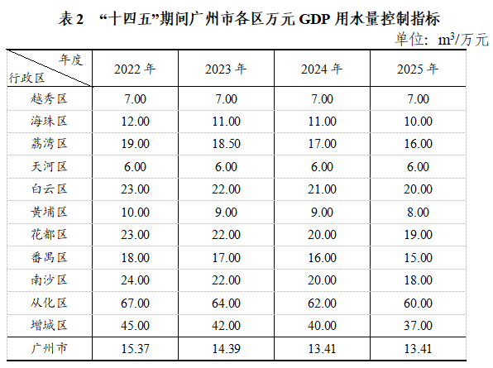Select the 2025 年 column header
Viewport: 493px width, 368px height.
[x=419, y=69]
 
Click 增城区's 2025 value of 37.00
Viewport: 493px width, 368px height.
[x=419, y=325]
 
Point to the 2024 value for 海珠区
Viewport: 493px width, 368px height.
[x=322, y=121]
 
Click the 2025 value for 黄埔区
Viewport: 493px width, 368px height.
[x=419, y=211]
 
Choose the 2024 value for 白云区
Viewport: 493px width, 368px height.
[x=322, y=189]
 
